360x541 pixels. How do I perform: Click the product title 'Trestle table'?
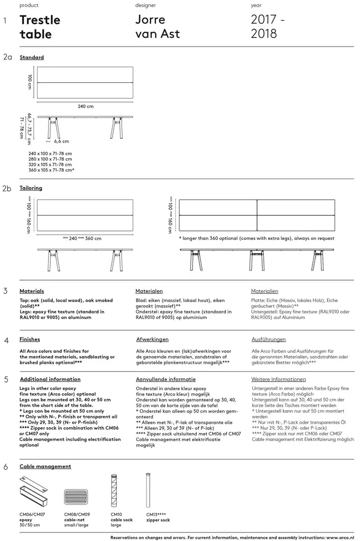40,27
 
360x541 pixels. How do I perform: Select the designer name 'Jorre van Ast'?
158,27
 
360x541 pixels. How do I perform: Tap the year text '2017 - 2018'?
269,27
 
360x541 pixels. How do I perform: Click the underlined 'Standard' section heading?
32,57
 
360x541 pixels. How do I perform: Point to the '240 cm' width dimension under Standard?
86,106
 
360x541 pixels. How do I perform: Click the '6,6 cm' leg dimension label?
61,142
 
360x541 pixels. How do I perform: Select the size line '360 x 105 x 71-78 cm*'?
51,170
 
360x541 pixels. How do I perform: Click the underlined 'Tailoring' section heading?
31,188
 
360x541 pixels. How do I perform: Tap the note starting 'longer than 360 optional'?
257,238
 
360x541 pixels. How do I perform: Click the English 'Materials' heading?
32,291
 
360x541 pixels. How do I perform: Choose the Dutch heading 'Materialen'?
149,291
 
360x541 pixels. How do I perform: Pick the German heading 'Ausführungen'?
269,339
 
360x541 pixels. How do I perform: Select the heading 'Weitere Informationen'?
279,379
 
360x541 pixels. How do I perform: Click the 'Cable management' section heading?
45,467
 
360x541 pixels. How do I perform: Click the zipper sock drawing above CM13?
148,491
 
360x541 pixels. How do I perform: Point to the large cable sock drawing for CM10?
113,491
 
